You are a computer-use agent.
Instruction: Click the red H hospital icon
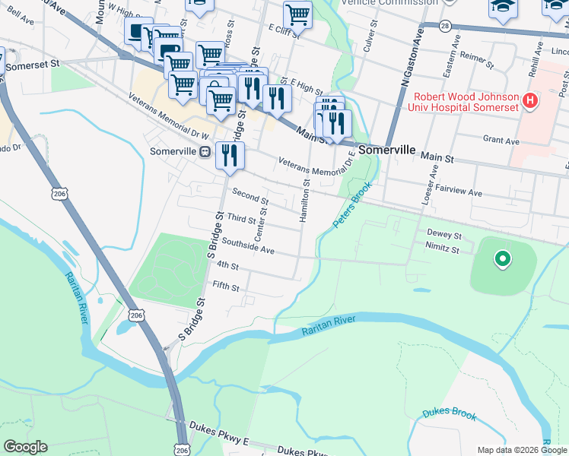531,100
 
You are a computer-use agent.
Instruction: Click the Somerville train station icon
205,152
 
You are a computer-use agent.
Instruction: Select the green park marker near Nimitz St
501,260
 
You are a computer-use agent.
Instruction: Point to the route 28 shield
445,26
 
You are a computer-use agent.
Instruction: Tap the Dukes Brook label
450,415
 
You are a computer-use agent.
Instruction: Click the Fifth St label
226,288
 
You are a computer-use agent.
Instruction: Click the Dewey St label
444,236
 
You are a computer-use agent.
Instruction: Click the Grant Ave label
501,141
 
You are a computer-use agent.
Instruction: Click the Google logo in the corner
25,447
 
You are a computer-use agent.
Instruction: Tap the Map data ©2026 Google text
521,450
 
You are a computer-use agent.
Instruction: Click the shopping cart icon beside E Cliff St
297,14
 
